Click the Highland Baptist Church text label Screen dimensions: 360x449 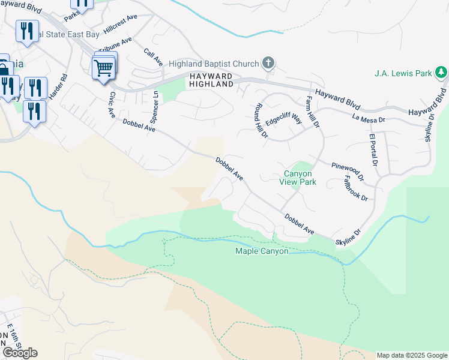pyautogui.click(x=213, y=64)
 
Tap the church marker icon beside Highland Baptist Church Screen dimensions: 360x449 pyautogui.click(x=268, y=63)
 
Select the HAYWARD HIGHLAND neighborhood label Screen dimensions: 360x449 pyautogui.click(x=211, y=80)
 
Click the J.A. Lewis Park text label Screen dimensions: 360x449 pyautogui.click(x=403, y=74)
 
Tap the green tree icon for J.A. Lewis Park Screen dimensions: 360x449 pyautogui.click(x=441, y=73)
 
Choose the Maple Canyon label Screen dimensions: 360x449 pyautogui.click(x=261, y=251)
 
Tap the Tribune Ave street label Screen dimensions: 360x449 pyautogui.click(x=115, y=47)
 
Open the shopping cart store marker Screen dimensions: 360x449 pyautogui.click(x=103, y=68)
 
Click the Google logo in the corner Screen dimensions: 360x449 pyautogui.click(x=19, y=353)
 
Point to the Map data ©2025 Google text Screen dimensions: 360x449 pyautogui.click(x=412, y=355)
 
